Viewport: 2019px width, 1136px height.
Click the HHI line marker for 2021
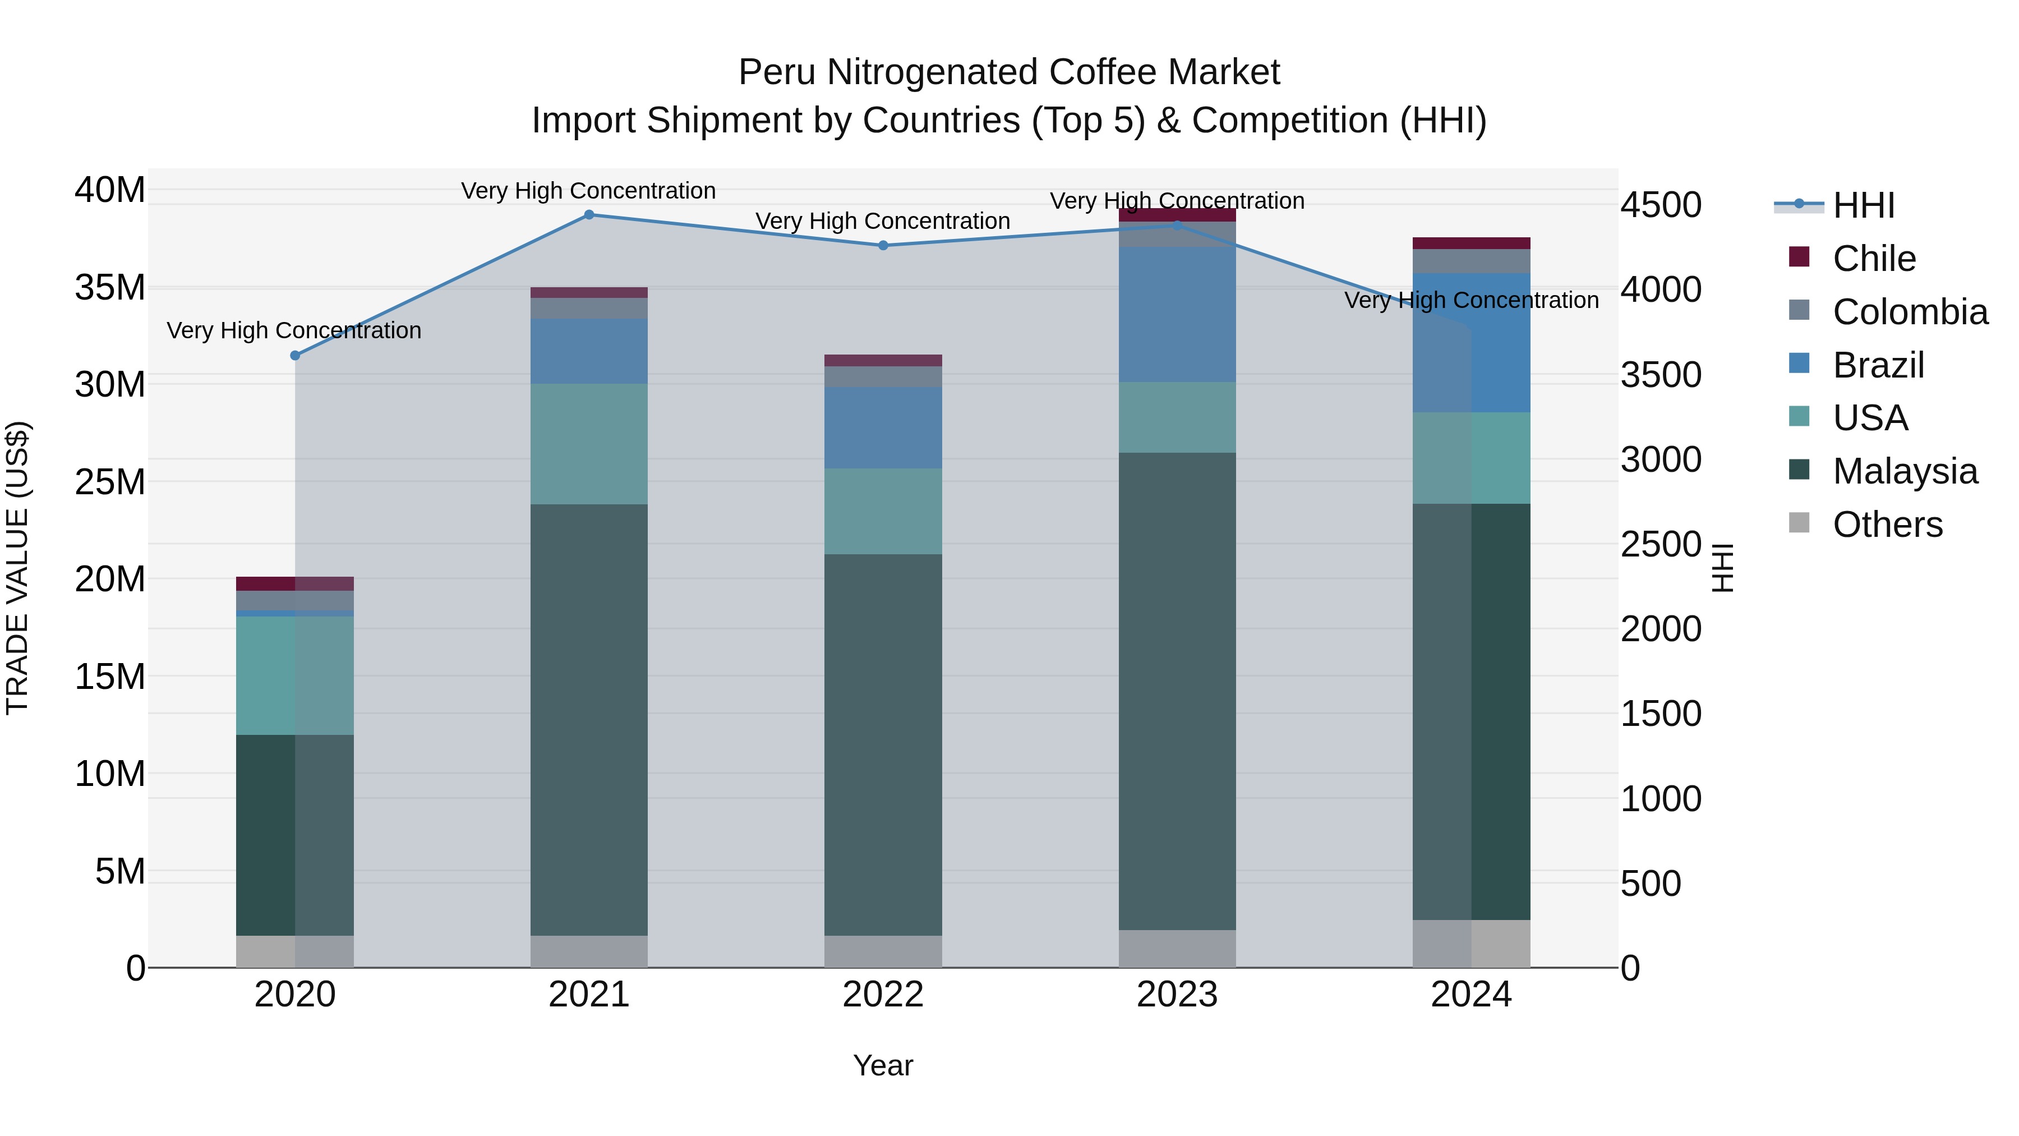point(589,215)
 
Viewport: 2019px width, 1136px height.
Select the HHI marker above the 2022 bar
point(883,245)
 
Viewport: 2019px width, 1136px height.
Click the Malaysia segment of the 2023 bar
point(1177,690)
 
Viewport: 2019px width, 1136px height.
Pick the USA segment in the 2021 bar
point(589,444)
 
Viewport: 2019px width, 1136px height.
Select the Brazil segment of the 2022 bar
point(883,427)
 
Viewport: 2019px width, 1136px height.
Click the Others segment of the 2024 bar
point(1471,943)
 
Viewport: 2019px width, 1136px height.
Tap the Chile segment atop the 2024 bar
point(1471,243)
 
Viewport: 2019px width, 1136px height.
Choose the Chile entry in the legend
point(1873,259)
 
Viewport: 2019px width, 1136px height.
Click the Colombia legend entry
point(1909,312)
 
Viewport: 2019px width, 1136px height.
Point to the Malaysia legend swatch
point(1800,471)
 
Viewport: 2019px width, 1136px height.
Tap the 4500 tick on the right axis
point(1661,205)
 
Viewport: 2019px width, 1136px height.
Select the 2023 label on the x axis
point(1177,995)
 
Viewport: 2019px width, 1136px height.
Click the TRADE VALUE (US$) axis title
point(18,568)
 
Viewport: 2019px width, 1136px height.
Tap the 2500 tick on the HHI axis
point(1661,545)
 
